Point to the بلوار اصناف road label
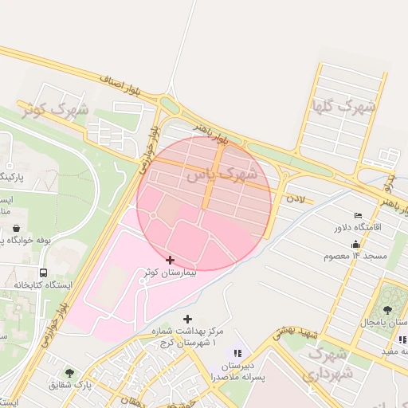[x=124, y=83]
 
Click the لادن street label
[x=296, y=197]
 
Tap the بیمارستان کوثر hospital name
[x=169, y=273]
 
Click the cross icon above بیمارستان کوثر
[x=170, y=260]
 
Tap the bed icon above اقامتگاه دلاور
[x=358, y=216]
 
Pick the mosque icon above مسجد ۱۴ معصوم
[x=355, y=244]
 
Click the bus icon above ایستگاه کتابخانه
[x=43, y=272]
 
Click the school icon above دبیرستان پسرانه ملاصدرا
[x=237, y=352]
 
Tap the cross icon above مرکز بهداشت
[x=187, y=319]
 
